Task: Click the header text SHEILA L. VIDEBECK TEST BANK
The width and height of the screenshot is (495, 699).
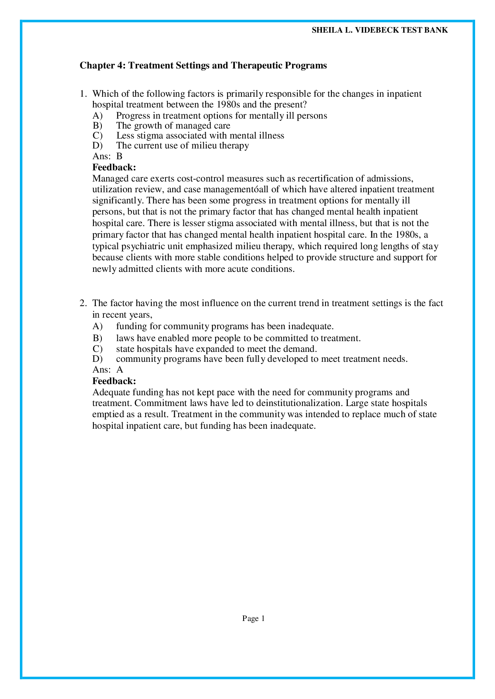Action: coord(380,30)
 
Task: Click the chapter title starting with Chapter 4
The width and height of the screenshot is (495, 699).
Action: coord(203,65)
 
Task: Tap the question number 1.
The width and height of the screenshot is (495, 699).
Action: coord(82,94)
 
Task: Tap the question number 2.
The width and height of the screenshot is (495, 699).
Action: coord(82,303)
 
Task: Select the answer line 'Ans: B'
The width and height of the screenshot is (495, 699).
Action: coord(107,156)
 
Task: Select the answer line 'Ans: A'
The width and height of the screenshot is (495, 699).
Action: coord(107,369)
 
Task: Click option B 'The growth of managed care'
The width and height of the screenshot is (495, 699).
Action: coord(173,126)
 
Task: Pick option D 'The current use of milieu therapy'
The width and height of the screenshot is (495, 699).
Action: coord(182,146)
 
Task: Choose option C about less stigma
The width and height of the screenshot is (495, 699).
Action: coord(200,136)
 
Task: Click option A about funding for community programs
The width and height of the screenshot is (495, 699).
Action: coord(224,326)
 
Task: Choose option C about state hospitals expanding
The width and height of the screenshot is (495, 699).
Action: coord(216,349)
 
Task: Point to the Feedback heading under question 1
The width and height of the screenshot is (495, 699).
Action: coord(114,167)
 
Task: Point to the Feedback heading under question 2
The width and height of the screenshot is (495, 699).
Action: coord(114,381)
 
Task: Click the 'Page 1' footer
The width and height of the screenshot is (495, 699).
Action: coord(253,619)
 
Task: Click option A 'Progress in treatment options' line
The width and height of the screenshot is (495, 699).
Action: coord(221,116)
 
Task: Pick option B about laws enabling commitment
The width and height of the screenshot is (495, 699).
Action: coord(238,338)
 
